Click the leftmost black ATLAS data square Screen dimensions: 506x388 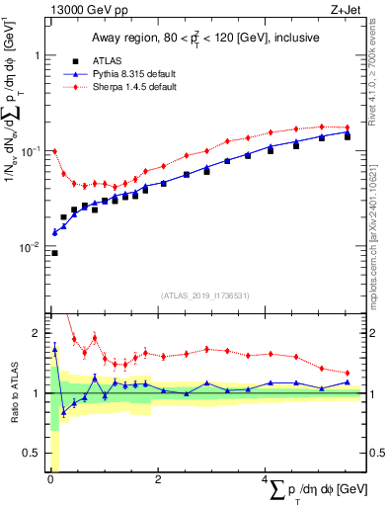[54, 253]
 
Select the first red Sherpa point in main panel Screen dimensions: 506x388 [54, 151]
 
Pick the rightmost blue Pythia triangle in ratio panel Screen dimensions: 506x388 [347, 381]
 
